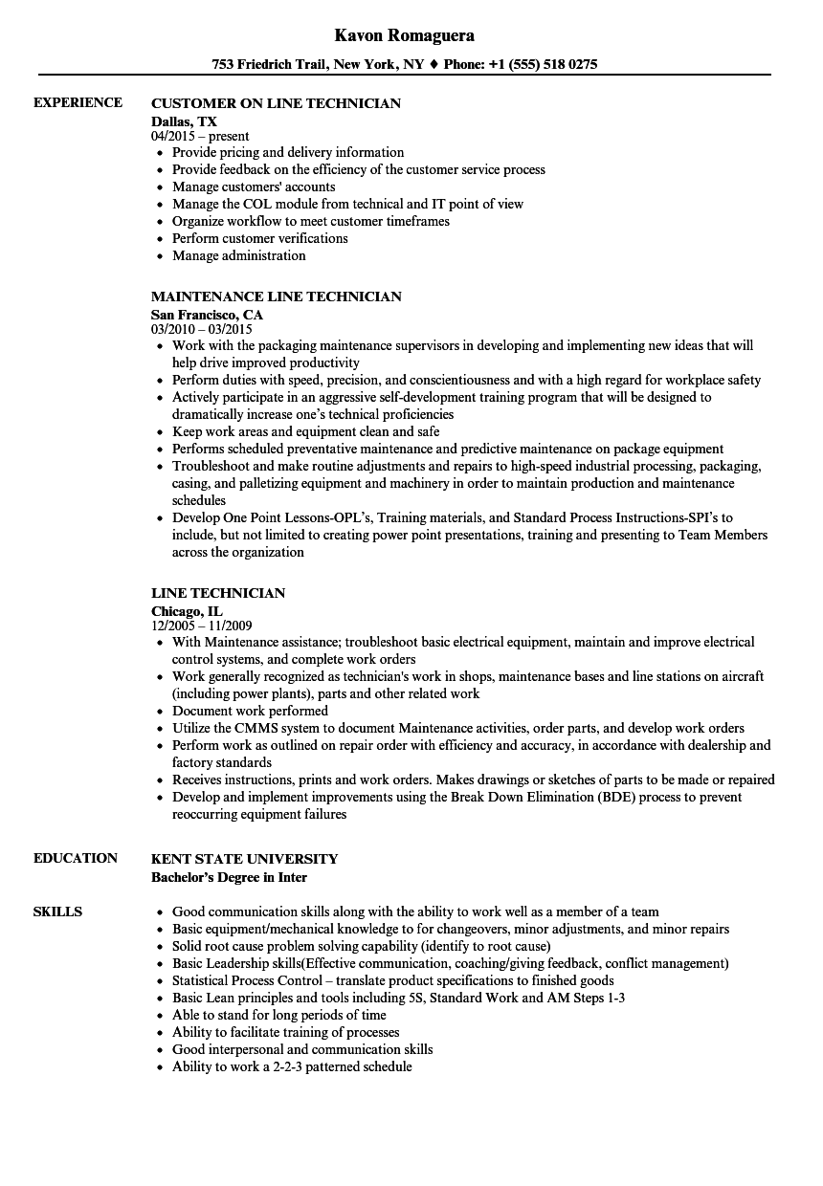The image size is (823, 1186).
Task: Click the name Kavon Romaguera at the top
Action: (405, 35)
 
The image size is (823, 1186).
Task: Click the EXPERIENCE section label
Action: (78, 102)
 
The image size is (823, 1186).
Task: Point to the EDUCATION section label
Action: (76, 858)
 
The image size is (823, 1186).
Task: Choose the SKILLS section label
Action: (57, 911)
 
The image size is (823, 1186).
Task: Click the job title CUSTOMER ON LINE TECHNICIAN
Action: (276, 103)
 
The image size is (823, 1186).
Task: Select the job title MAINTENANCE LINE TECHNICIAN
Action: (277, 296)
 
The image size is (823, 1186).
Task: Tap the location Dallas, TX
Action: (184, 121)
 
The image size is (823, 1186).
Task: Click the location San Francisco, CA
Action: (207, 314)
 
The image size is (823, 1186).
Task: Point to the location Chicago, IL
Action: (187, 610)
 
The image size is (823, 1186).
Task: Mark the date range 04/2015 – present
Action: (200, 136)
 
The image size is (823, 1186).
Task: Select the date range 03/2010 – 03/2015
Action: (201, 329)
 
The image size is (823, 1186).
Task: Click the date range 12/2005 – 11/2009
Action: (201, 626)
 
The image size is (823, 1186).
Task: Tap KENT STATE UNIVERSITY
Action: (244, 859)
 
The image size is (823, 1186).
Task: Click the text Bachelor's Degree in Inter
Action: (229, 876)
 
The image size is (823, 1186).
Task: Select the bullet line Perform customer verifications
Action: (259, 238)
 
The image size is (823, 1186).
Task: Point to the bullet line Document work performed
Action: (250, 711)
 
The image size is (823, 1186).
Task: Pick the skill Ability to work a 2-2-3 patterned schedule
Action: (292, 1066)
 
